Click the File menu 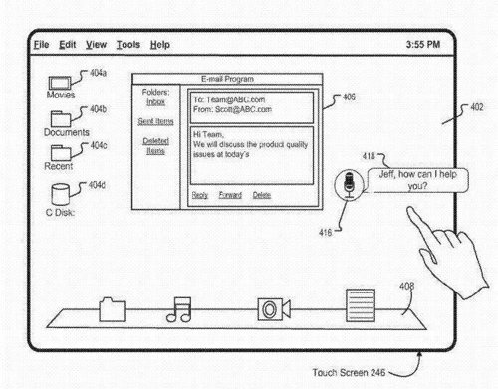(x=41, y=45)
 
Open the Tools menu (x=127, y=45)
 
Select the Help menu (x=160, y=45)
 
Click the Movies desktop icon (x=61, y=82)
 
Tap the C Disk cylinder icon (x=61, y=192)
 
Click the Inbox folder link (x=155, y=101)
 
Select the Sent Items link (x=155, y=120)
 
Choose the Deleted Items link (x=155, y=146)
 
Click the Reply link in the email (x=200, y=195)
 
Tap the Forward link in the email (x=230, y=195)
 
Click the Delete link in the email (x=262, y=195)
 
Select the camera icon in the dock (x=269, y=308)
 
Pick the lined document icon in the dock (x=358, y=304)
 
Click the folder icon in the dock (x=112, y=309)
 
